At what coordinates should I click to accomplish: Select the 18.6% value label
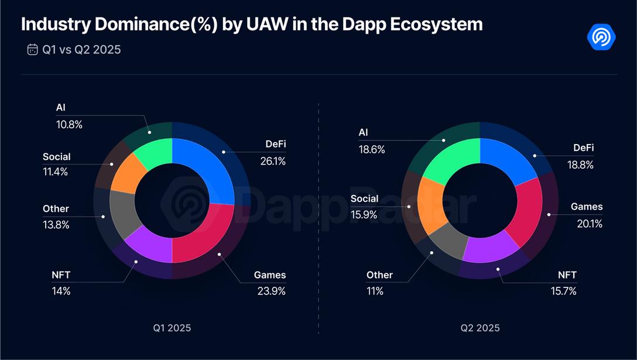(372, 149)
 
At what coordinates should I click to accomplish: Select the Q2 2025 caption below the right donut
(479, 328)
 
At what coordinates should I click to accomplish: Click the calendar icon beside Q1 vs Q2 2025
(33, 49)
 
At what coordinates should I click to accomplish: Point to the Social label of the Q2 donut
(364, 198)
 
